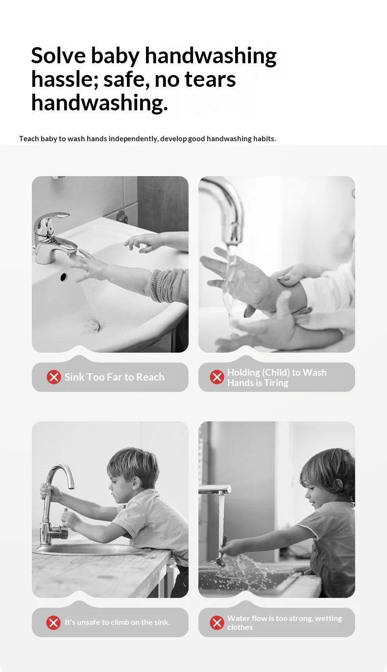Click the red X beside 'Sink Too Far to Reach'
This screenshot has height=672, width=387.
[x=54, y=377]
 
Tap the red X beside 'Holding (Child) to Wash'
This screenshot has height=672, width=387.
[x=217, y=377]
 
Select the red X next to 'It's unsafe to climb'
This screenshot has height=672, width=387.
[x=53, y=622]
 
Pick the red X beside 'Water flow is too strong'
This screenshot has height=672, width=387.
[x=217, y=622]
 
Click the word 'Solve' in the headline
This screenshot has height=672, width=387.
[x=58, y=55]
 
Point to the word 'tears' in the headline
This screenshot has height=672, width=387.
[x=210, y=79]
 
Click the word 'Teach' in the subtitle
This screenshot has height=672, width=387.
[x=29, y=139]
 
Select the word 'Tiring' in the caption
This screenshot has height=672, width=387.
[x=276, y=383]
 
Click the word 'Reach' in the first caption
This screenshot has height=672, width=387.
[x=150, y=377]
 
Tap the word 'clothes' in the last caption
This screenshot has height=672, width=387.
[x=240, y=627]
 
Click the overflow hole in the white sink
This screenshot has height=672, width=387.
[x=63, y=277]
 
